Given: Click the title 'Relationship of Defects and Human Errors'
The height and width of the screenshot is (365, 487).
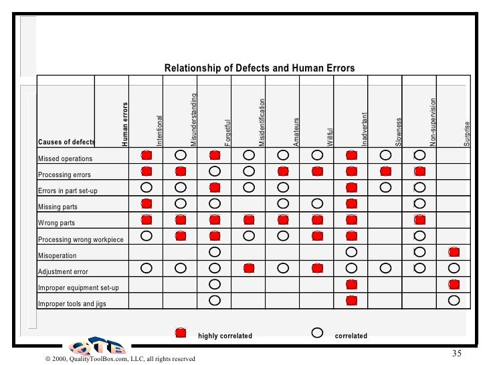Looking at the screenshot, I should [x=260, y=68].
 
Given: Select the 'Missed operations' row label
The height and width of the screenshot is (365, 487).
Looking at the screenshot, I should [x=66, y=158].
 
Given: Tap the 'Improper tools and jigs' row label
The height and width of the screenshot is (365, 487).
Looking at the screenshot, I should [x=72, y=303].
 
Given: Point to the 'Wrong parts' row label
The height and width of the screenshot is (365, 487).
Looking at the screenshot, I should [x=57, y=223].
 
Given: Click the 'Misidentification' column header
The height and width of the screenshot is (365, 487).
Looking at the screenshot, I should [x=262, y=122].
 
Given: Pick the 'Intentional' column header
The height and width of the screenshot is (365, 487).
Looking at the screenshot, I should [x=159, y=130].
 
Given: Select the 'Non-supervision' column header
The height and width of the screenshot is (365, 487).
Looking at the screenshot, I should [x=433, y=122].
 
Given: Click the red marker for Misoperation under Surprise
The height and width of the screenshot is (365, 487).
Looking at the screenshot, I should [x=454, y=251].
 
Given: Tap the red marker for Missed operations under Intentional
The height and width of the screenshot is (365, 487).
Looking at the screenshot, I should [x=147, y=155].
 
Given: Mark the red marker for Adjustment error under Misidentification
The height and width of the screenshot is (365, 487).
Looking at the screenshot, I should [x=249, y=268].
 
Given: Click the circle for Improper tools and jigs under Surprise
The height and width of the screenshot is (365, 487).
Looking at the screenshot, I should [x=454, y=299].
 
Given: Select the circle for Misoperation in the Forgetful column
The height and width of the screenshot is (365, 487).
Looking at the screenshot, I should [x=214, y=251].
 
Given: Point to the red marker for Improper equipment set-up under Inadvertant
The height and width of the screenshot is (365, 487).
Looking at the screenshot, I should [x=351, y=284].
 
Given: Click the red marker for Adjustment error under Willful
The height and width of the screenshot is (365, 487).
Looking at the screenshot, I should [x=317, y=268].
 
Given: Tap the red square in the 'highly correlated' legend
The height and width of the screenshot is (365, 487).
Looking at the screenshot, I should [x=180, y=332].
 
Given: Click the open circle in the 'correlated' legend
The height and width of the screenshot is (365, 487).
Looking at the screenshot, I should [x=318, y=332].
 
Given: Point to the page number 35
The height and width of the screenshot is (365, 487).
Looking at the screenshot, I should [x=458, y=353].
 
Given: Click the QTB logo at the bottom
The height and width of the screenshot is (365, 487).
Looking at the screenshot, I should [x=96, y=347].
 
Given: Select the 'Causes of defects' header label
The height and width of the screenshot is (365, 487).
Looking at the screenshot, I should [x=66, y=142].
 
